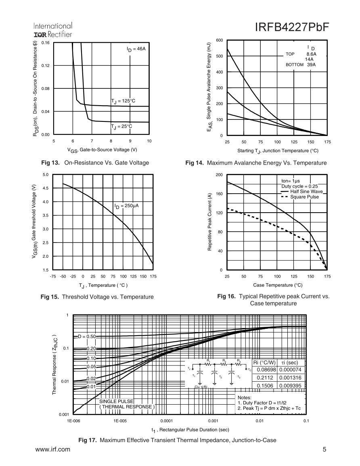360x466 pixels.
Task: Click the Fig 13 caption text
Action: click(95, 163)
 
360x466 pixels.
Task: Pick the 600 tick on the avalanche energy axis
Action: click(219, 40)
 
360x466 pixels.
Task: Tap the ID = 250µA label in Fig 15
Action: click(126, 206)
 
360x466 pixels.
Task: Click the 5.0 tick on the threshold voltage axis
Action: click(46, 175)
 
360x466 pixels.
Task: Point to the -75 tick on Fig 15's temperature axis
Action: click(53, 277)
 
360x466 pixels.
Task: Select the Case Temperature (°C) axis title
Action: click(277, 285)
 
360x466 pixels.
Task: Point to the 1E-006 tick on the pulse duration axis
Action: click(73, 421)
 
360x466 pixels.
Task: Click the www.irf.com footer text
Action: click(53, 449)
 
